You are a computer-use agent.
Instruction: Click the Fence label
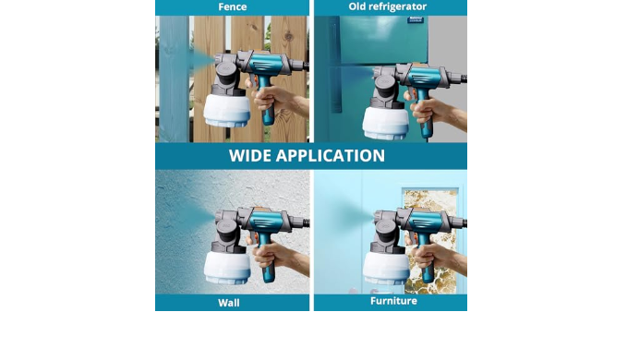(233, 6)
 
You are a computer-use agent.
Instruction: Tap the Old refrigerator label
(388, 6)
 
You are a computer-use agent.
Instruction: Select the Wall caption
(229, 303)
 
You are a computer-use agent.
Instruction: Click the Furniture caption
(393, 301)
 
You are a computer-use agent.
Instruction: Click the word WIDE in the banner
(249, 156)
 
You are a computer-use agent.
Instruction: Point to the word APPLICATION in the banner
(331, 156)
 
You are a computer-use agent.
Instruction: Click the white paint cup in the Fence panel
(227, 110)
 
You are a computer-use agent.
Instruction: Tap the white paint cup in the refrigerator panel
(386, 123)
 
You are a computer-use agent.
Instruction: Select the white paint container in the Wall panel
(227, 267)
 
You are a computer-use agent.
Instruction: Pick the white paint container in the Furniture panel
(386, 267)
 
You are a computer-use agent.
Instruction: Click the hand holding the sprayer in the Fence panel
(276, 100)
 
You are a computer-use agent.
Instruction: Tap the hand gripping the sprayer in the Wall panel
(277, 257)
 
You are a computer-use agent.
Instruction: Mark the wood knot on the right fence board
(289, 37)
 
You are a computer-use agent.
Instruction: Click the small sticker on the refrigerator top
(416, 19)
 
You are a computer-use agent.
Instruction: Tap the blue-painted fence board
(174, 79)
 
